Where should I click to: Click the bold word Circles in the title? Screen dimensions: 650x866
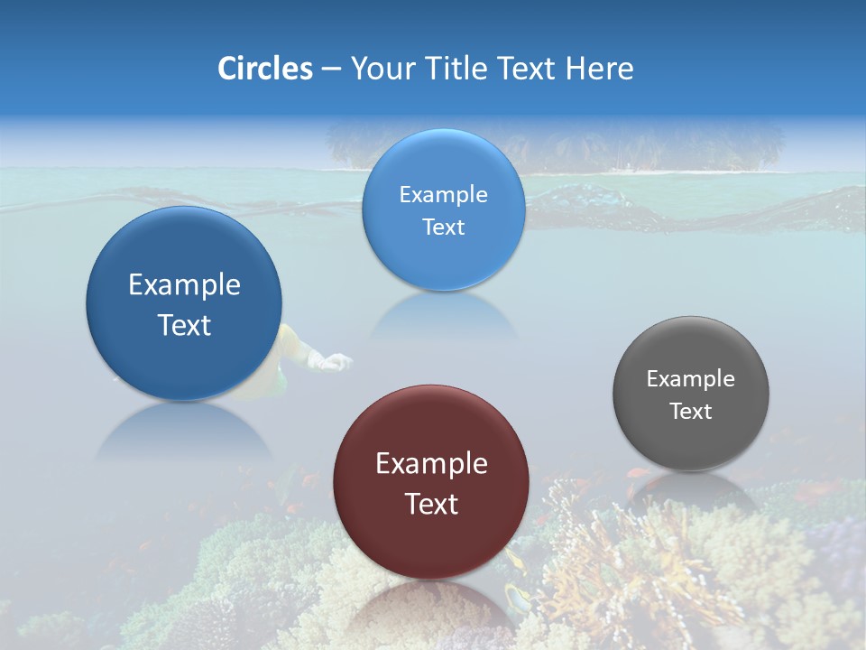pos(264,69)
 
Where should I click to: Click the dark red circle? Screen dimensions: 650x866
pos(431,542)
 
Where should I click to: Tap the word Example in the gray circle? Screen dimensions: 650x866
pos(691,379)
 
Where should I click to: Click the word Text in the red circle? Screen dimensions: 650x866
pos(431,504)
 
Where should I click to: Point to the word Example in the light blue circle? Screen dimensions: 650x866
pos(443,194)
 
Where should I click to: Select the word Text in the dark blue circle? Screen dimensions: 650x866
pos(184,325)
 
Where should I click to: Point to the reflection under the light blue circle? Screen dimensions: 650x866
pos(443,316)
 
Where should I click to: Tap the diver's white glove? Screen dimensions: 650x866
pos(332,362)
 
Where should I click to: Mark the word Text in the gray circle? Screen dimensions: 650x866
pos(691,412)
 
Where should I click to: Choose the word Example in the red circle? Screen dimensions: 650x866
pos(431,464)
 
